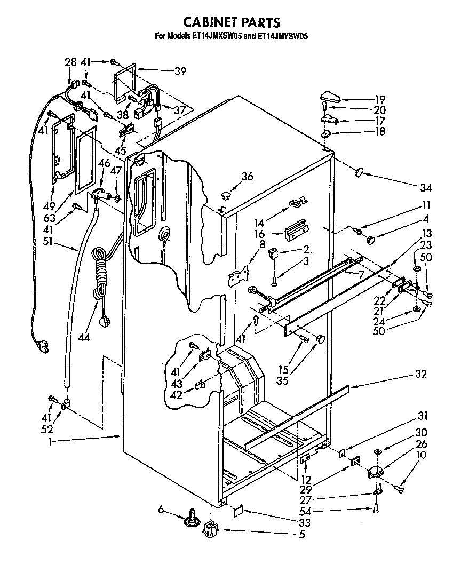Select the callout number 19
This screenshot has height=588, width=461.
[380, 99]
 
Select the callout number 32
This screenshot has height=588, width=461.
[421, 374]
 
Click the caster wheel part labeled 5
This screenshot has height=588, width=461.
[211, 530]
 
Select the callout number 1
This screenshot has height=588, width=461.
[51, 441]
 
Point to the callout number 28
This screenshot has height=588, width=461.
[71, 62]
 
